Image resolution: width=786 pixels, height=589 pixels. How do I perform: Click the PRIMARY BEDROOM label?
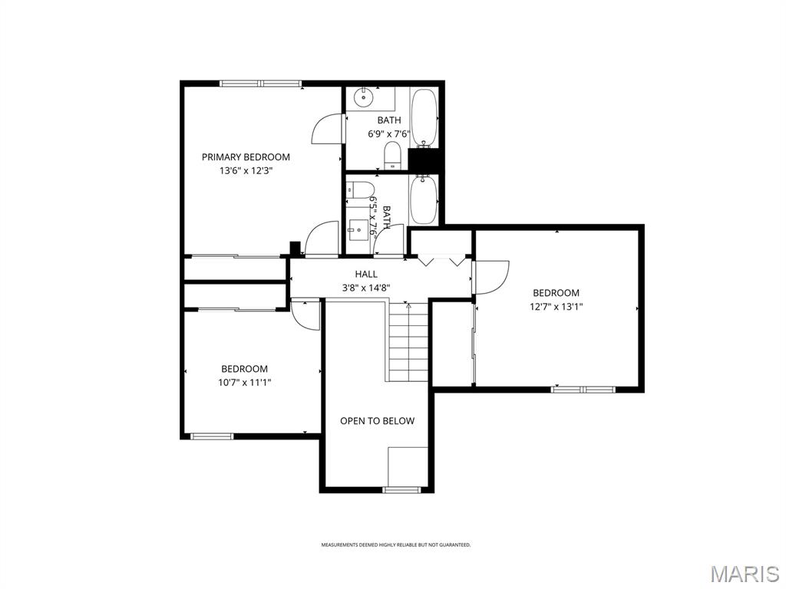[246, 157]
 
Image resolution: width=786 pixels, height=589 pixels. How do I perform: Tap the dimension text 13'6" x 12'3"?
[246, 171]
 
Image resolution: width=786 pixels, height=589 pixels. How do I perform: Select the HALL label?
[366, 274]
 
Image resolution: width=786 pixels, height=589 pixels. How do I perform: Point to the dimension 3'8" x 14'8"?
[366, 288]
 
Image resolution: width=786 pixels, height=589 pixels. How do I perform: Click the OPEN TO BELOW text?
[377, 421]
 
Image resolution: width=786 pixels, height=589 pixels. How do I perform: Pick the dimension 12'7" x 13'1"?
[556, 307]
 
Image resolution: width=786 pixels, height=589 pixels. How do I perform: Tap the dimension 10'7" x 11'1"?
[245, 382]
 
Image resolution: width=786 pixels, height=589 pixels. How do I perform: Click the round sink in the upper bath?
[363, 98]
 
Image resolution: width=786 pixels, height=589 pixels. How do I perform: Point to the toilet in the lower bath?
[361, 189]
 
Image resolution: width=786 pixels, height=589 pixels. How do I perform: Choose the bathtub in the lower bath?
[423, 199]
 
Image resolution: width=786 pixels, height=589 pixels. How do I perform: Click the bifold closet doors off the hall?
[442, 261]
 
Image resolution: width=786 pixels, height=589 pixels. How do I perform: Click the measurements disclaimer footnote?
[395, 545]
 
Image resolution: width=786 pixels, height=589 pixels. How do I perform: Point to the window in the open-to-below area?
[401, 489]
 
